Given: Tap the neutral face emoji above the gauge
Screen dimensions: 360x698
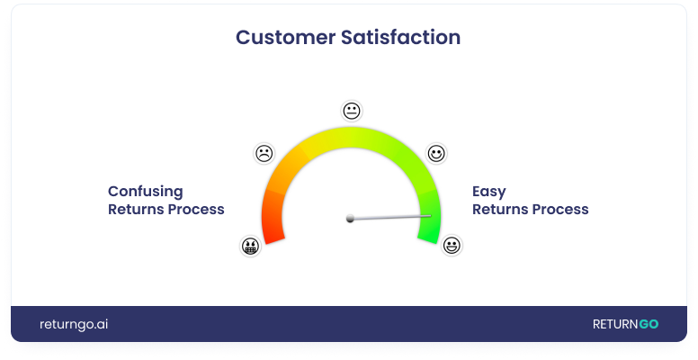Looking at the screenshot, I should pyautogui.click(x=351, y=111).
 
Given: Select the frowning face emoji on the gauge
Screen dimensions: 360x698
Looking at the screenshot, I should pyautogui.click(x=264, y=153).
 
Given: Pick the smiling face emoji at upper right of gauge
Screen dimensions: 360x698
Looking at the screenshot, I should pyautogui.click(x=436, y=153).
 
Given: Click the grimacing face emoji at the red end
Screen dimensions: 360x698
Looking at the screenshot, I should pyautogui.click(x=250, y=245).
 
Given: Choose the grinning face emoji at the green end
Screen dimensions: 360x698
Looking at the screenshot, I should pyautogui.click(x=452, y=245).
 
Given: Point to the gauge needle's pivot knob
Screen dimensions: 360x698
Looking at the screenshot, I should pyautogui.click(x=351, y=218).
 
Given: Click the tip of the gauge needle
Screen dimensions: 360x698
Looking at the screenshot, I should pyautogui.click(x=431, y=214).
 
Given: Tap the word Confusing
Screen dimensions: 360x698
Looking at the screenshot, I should pyautogui.click(x=146, y=191).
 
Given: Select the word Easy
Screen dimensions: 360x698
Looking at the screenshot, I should pyautogui.click(x=489, y=191).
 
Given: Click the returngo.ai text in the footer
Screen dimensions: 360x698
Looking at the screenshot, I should pyautogui.click(x=74, y=324).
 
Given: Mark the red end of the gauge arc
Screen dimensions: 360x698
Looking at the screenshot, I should pyautogui.click(x=272, y=229).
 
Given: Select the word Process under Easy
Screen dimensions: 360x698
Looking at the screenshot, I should pyautogui.click(x=559, y=210).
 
